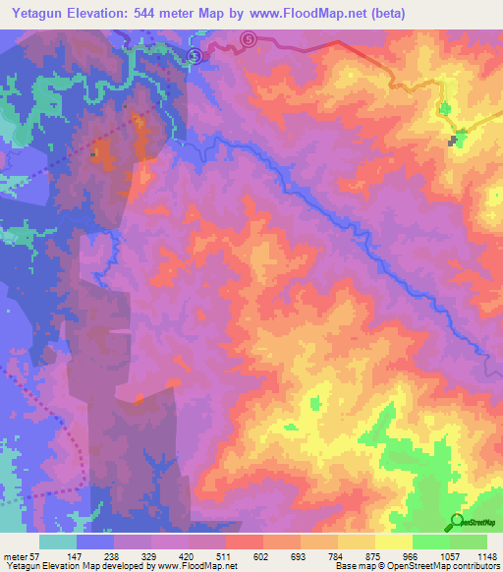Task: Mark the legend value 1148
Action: [485, 556]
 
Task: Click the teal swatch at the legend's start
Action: [58, 542]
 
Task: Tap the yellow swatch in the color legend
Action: [393, 542]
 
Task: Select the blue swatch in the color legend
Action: [95, 542]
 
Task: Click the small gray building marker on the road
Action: [454, 142]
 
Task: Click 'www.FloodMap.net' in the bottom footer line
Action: [197, 566]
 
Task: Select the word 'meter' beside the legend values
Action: [14, 556]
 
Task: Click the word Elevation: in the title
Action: [104, 13]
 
